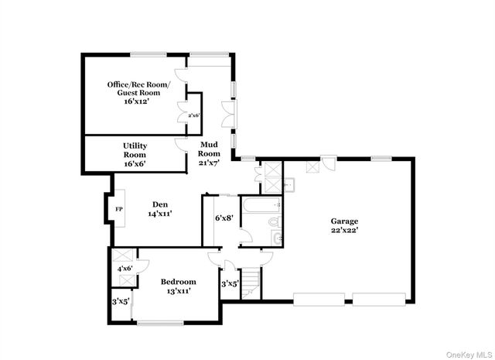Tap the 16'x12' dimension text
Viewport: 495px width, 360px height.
pos(133,101)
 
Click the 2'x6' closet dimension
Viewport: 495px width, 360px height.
pos(193,115)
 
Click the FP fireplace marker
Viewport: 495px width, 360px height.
pos(119,209)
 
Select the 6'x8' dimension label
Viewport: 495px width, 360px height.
pos(224,218)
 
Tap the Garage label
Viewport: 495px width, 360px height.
pos(345,220)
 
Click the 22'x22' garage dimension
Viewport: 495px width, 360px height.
pos(345,229)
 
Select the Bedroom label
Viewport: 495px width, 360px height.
pos(178,282)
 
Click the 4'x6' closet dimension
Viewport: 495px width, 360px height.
pos(125,269)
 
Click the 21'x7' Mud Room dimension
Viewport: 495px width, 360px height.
pos(210,163)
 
